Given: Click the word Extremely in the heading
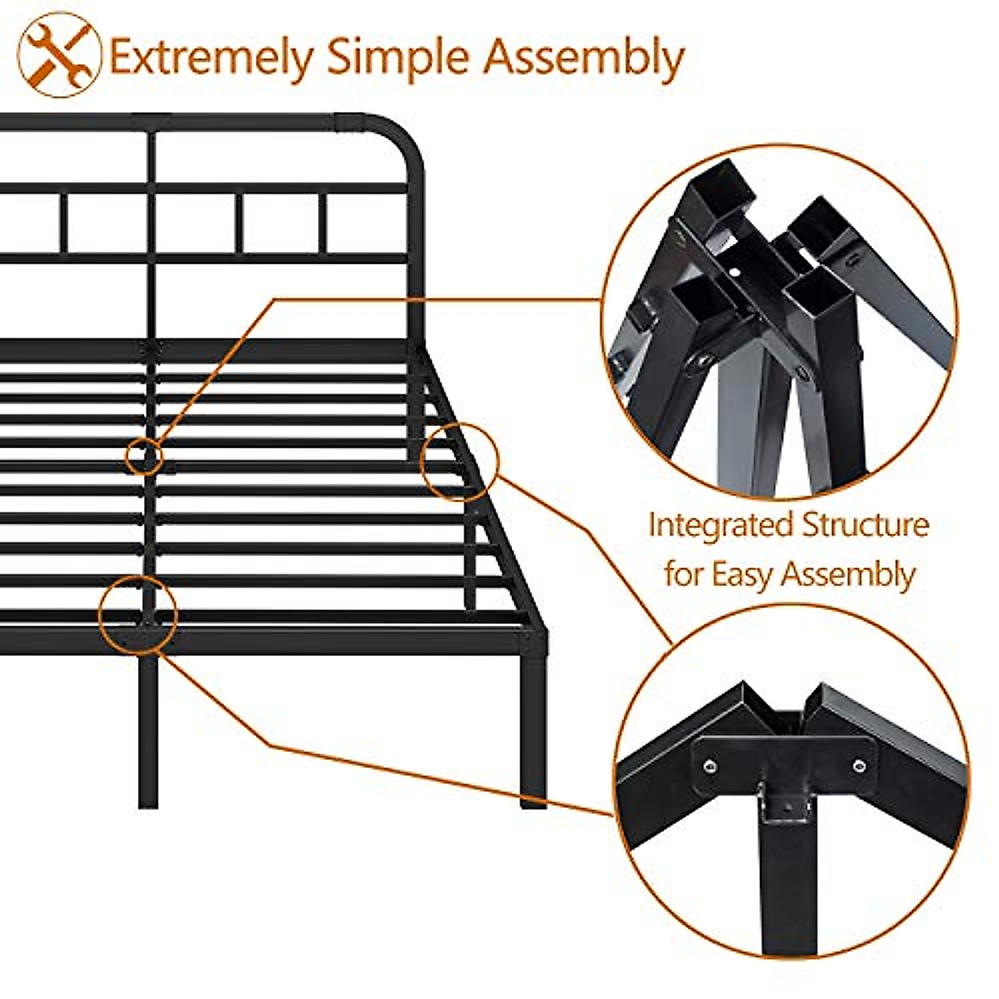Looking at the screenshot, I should click(x=211, y=58).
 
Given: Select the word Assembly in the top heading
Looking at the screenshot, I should click(x=584, y=58).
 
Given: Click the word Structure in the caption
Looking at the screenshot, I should click(x=866, y=526).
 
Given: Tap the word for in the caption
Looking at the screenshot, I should click(x=683, y=574).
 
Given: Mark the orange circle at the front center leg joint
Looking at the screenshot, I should click(x=137, y=614).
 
